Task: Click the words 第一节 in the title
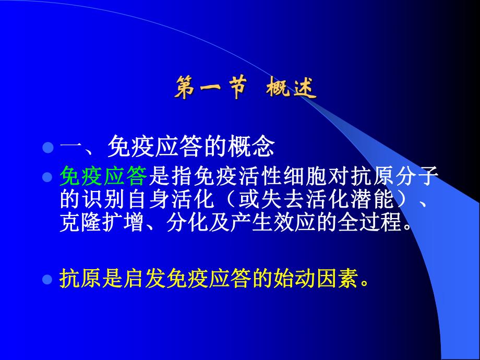[209, 89]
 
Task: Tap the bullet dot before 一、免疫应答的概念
[48, 148]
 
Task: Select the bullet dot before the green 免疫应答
[48, 177]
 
